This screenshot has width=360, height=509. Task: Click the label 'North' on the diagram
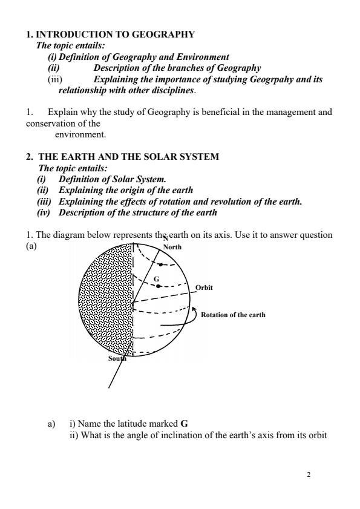click(172, 247)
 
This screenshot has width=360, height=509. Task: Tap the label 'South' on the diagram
click(118, 358)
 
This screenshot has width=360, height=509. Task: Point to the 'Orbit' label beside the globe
click(204, 287)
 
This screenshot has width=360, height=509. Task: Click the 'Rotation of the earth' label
click(233, 315)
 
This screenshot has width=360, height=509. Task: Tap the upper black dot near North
click(160, 264)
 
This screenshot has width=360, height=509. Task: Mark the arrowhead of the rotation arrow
click(194, 310)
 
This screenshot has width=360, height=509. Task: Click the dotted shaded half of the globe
click(106, 303)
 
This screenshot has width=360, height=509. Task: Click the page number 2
click(309, 475)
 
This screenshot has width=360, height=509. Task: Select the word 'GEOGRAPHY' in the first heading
click(160, 34)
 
